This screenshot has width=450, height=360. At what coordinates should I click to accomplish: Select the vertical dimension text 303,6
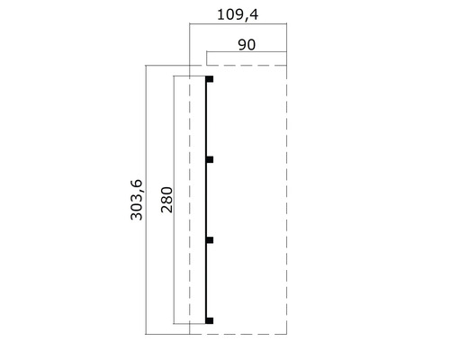tap(135, 203)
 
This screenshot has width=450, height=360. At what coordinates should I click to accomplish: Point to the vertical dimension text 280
tap(166, 203)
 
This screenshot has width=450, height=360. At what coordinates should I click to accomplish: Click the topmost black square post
tap(210, 80)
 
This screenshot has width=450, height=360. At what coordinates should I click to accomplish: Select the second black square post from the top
tap(210, 159)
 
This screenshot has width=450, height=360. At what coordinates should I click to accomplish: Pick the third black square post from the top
tap(210, 239)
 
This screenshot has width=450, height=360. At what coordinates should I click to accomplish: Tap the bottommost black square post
tap(210, 319)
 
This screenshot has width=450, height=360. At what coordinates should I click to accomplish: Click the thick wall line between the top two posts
tap(207, 120)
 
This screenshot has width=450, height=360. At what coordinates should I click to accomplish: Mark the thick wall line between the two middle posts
tap(207, 200)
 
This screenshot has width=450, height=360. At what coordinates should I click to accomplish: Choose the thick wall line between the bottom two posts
tap(207, 279)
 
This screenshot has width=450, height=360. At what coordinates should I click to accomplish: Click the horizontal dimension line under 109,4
tap(238, 26)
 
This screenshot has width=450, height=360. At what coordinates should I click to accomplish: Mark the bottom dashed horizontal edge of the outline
tap(238, 332)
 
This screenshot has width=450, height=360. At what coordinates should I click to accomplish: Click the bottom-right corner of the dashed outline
tap(286, 332)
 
